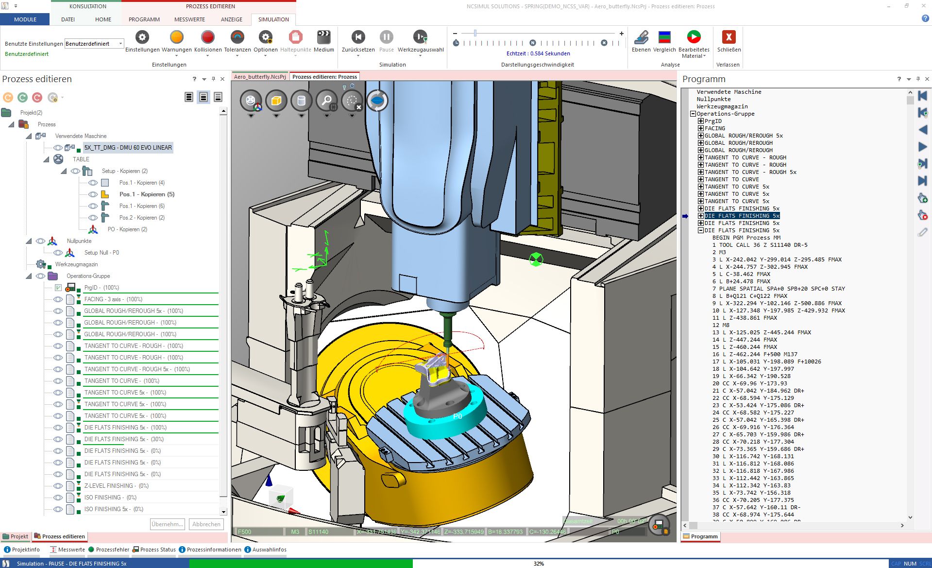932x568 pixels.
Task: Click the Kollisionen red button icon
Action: pyautogui.click(x=207, y=37)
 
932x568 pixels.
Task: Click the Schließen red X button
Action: pyautogui.click(x=729, y=37)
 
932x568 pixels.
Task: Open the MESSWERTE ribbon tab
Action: pyautogui.click(x=189, y=19)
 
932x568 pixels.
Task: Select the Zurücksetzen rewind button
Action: pyautogui.click(x=358, y=37)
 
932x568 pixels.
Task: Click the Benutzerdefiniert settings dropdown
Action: pyautogui.click(x=94, y=44)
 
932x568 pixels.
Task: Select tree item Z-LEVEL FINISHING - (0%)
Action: pyautogui.click(x=116, y=486)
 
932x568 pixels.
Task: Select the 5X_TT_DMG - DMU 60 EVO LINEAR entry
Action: pyautogui.click(x=128, y=148)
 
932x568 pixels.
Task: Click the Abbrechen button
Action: pyautogui.click(x=206, y=524)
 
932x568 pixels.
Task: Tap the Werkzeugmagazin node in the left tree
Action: pyautogui.click(x=76, y=264)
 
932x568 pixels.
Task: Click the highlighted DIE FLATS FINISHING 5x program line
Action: pyautogui.click(x=742, y=216)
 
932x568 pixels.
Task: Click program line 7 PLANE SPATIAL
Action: pyautogui.click(x=781, y=289)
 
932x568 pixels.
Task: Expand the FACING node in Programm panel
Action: pyautogui.click(x=701, y=128)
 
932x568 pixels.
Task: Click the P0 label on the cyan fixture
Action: pyautogui.click(x=457, y=416)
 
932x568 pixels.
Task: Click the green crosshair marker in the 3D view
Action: pyautogui.click(x=536, y=259)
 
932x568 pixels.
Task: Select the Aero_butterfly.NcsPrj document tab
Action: pyautogui.click(x=259, y=77)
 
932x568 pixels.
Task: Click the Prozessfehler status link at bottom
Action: pyautogui.click(x=112, y=550)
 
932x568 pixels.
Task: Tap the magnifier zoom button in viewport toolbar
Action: pyautogui.click(x=326, y=101)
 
